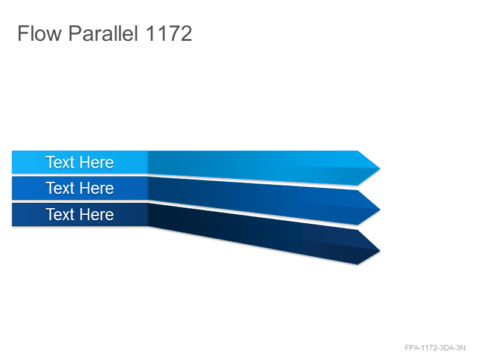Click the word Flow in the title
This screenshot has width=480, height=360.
[x=40, y=33]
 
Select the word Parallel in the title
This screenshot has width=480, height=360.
[x=103, y=33]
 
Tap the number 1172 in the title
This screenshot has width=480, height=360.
[x=169, y=33]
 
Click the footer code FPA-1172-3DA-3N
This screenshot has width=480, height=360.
[x=435, y=348]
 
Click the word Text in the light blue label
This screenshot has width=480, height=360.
[x=60, y=162]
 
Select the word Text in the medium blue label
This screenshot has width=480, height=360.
[x=60, y=188]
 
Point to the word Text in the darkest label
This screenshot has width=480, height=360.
[x=60, y=214]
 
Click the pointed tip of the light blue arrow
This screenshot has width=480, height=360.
[x=380, y=168]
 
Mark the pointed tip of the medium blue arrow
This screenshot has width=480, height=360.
[x=380, y=209]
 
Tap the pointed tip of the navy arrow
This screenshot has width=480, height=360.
[x=380, y=251]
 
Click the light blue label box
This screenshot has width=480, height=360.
[x=80, y=162]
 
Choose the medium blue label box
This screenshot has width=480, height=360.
[x=80, y=188]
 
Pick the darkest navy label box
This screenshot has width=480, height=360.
[x=80, y=214]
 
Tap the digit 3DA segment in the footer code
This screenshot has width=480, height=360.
[x=446, y=348]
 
